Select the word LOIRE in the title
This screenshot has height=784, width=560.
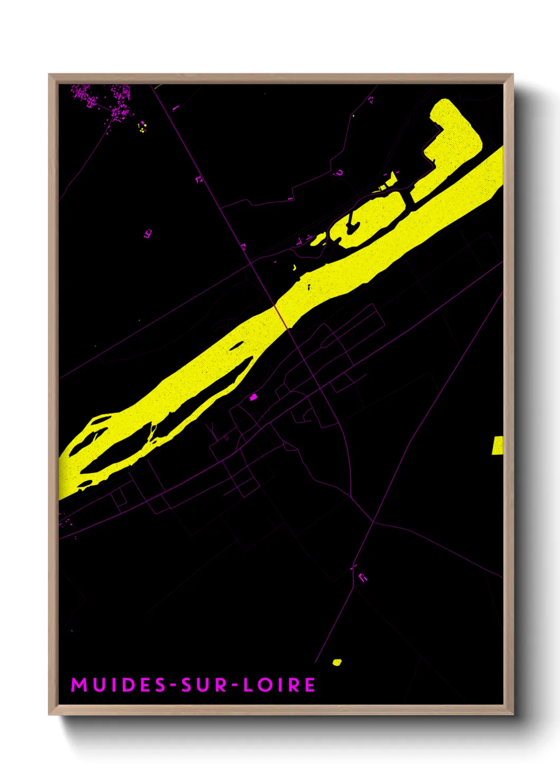[279, 685]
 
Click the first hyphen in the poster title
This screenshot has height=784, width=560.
[173, 685]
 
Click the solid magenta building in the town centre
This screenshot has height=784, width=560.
[254, 396]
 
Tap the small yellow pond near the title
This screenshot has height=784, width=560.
[337, 662]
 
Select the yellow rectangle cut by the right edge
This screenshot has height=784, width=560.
[498, 446]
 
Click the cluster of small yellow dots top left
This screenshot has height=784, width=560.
[142, 127]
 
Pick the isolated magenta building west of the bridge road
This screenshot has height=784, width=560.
[148, 233]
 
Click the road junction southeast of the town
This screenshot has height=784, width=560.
[373, 522]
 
